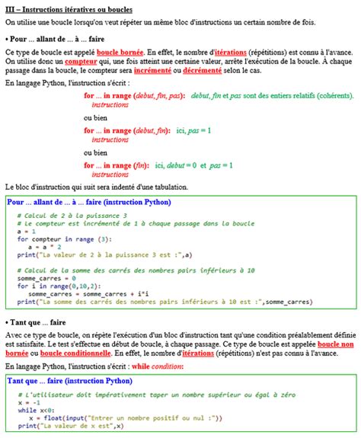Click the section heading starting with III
pos(69,8)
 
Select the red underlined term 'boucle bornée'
pos(121,51)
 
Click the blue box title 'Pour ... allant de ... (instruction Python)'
pos(89,203)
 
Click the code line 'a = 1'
pos(26,231)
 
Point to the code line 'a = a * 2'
pos(43,246)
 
